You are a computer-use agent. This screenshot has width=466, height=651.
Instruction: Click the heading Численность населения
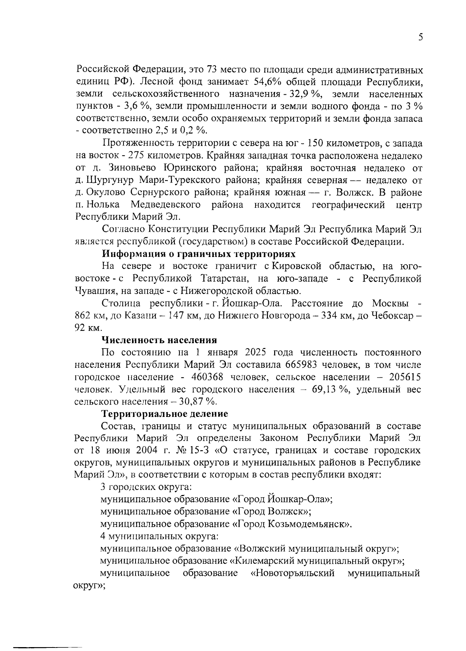coord(159,340)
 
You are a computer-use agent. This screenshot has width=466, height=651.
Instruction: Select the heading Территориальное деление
coord(165,413)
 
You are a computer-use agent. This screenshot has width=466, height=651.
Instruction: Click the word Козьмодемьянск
coord(309,524)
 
